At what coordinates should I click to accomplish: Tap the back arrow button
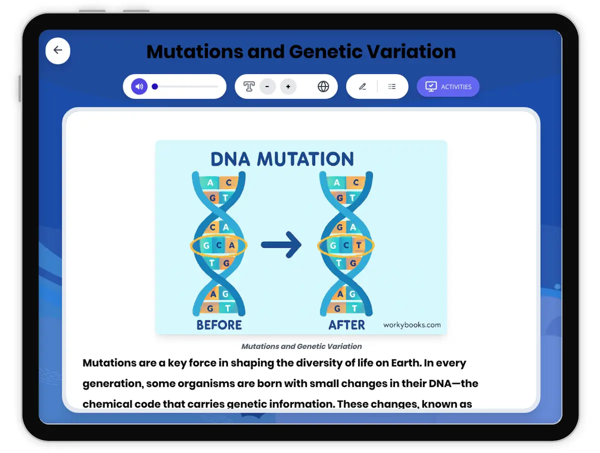(58, 50)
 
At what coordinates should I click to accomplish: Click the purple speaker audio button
(139, 86)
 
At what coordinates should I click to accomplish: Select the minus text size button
(267, 86)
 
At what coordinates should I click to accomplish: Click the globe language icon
(323, 86)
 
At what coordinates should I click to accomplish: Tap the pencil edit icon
(362, 86)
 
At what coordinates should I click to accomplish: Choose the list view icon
(392, 86)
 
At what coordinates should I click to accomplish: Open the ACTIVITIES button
(448, 86)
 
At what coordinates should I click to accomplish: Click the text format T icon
(249, 86)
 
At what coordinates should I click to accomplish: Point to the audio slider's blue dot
(155, 86)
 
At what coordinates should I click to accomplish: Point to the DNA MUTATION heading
(282, 159)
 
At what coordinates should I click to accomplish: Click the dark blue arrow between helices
(281, 245)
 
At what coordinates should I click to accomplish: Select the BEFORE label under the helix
(219, 325)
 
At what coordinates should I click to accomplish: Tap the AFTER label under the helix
(346, 325)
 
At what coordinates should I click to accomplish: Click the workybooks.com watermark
(412, 324)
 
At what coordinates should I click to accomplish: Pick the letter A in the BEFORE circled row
(231, 245)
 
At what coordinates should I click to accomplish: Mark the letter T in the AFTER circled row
(358, 245)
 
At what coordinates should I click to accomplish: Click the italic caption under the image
(301, 346)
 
